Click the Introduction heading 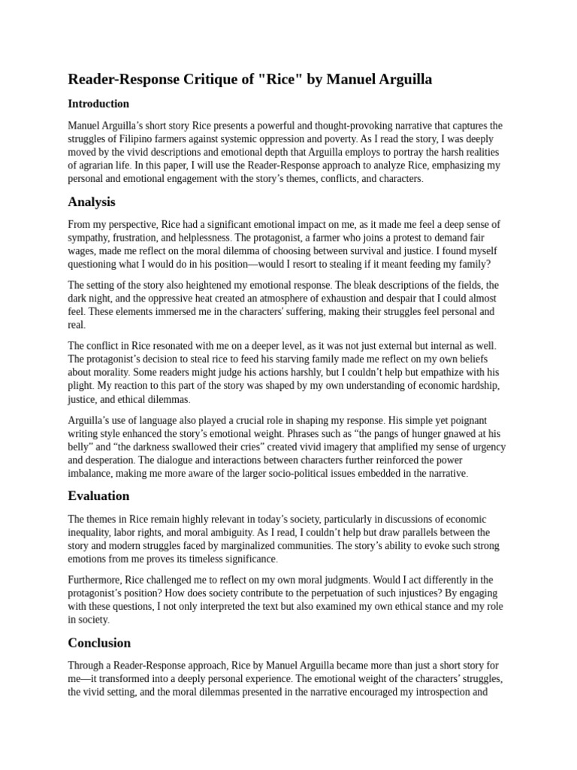[98, 104]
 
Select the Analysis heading [92, 202]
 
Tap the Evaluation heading [98, 496]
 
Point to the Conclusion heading [99, 642]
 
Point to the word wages [81, 251]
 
